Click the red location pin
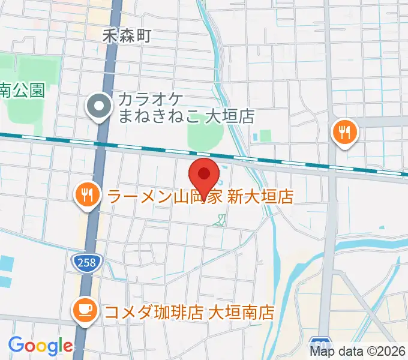204,175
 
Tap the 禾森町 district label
125,36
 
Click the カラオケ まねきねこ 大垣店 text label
186,107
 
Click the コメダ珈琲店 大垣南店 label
189,312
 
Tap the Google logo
40,345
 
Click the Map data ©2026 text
358,351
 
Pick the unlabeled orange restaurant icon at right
345,131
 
